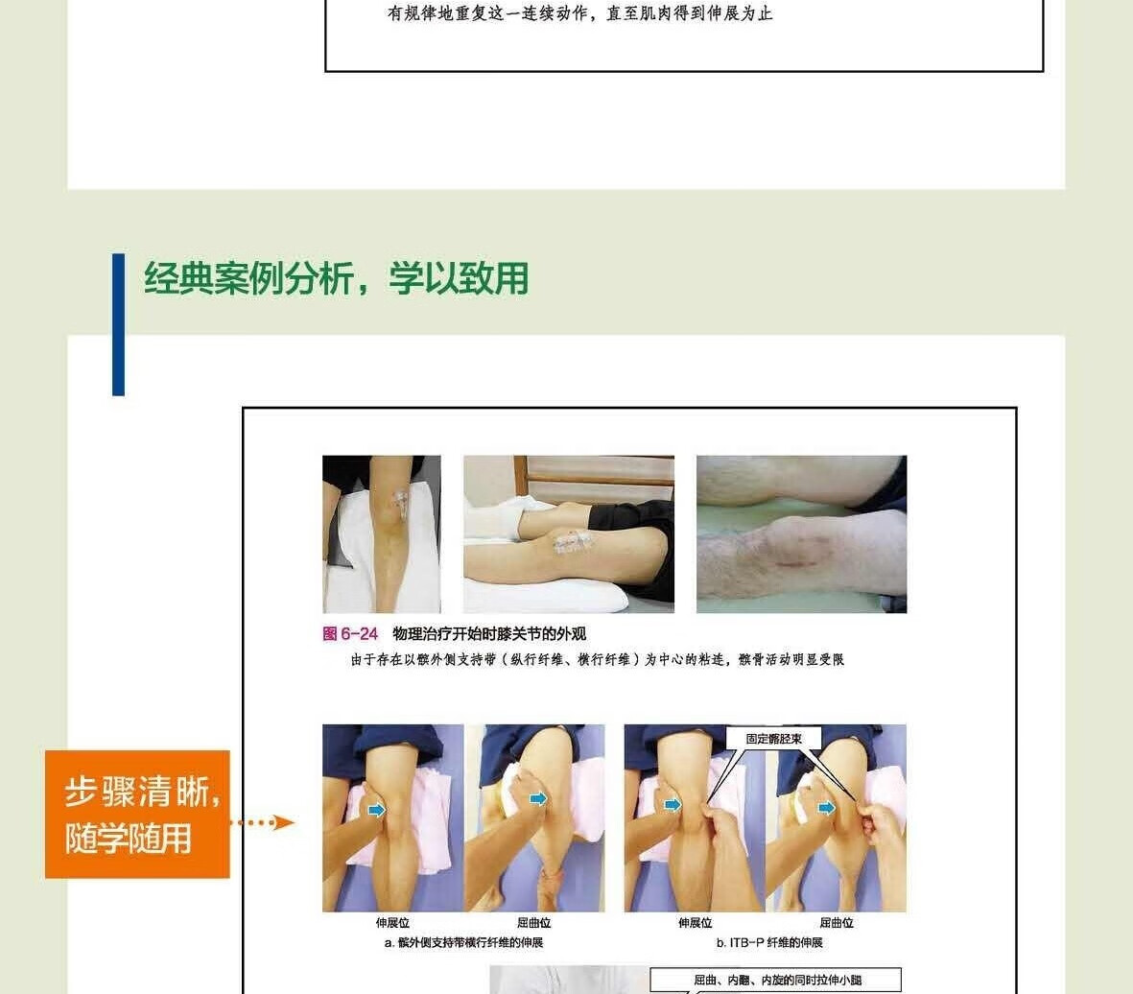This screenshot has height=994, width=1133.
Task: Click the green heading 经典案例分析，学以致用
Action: [x=336, y=278]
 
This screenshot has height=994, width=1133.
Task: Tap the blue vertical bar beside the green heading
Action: [x=119, y=324]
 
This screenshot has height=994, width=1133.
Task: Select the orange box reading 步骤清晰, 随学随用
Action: [x=137, y=815]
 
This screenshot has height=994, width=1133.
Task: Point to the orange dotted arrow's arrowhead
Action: [x=285, y=822]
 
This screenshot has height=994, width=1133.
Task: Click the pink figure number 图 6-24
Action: [x=350, y=634]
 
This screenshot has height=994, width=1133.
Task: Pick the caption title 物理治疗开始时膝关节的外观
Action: [x=489, y=634]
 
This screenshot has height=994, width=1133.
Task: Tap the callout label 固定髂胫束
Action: [x=774, y=739]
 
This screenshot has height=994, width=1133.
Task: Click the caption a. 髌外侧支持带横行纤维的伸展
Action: [x=463, y=943]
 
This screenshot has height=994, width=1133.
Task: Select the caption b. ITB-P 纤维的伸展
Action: [x=769, y=943]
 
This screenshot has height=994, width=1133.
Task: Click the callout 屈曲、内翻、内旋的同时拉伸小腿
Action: [x=777, y=981]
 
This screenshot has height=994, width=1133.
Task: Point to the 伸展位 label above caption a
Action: [x=392, y=923]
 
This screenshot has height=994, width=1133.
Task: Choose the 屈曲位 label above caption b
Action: [x=836, y=923]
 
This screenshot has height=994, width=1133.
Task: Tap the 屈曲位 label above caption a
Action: [x=534, y=923]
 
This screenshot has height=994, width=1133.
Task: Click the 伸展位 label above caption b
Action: [x=696, y=923]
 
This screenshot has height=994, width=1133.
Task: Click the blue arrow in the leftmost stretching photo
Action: [x=376, y=810]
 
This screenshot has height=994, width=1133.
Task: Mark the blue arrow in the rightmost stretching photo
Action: [x=826, y=808]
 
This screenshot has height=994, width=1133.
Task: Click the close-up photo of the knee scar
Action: [x=801, y=534]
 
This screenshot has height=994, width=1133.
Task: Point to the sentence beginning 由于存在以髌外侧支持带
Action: [x=598, y=659]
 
